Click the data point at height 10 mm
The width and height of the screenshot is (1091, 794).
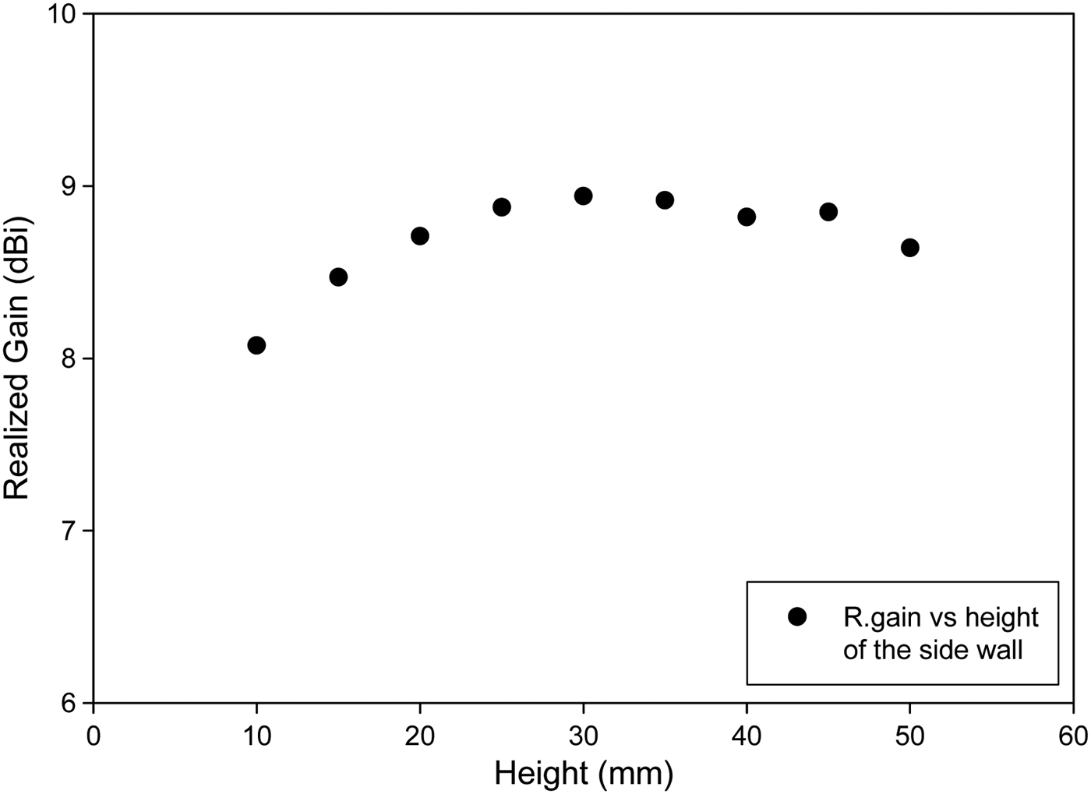point(256,345)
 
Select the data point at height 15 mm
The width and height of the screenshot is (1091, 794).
point(338,277)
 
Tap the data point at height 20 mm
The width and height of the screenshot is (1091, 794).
point(420,236)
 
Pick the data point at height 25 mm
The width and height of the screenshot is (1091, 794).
point(502,207)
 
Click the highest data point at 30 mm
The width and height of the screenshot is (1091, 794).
point(583,196)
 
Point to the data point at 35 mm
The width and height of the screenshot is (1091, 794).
point(665,200)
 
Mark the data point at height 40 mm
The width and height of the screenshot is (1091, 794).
point(747,217)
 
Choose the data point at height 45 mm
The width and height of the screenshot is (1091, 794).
point(828,212)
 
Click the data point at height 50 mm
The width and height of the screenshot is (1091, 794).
point(909,248)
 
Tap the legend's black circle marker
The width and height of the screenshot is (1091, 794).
point(797,616)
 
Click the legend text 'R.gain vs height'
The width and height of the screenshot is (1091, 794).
point(941,617)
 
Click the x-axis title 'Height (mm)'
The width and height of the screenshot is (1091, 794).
point(584,774)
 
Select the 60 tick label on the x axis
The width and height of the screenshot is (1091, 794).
point(1073,736)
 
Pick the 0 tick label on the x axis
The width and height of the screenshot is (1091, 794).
point(94,736)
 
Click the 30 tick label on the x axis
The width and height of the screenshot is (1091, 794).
point(583,736)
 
